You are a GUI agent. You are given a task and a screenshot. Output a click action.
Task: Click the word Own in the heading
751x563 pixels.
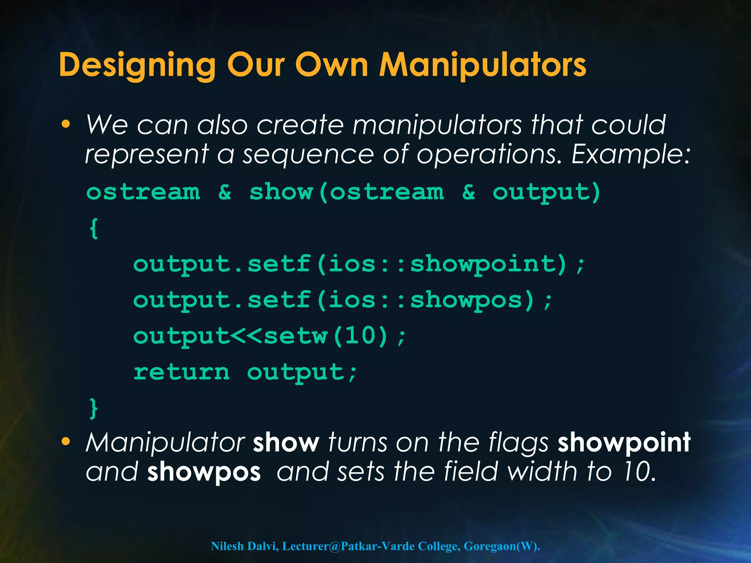tap(332, 65)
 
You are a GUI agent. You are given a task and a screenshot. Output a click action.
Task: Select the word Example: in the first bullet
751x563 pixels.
tap(631, 154)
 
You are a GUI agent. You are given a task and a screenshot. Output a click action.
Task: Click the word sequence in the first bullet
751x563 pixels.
tap(308, 155)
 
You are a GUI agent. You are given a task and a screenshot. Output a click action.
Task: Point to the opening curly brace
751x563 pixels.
tap(94, 228)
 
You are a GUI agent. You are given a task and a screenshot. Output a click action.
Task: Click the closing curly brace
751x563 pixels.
tap(94, 408)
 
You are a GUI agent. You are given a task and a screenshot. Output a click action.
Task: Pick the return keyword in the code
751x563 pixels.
tap(181, 372)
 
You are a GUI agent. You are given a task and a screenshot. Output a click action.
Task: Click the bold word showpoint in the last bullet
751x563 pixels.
tap(624, 443)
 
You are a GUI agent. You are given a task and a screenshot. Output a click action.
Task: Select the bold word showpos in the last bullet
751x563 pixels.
tap(204, 472)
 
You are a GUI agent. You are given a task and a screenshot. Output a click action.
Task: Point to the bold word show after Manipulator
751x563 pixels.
tap(286, 443)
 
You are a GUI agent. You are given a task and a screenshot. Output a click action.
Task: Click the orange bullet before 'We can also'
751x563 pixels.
tap(66, 124)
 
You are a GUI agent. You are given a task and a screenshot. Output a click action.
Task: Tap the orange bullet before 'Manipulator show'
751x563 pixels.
tap(66, 442)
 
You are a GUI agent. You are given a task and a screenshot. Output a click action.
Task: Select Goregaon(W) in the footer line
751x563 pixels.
tap(501, 546)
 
